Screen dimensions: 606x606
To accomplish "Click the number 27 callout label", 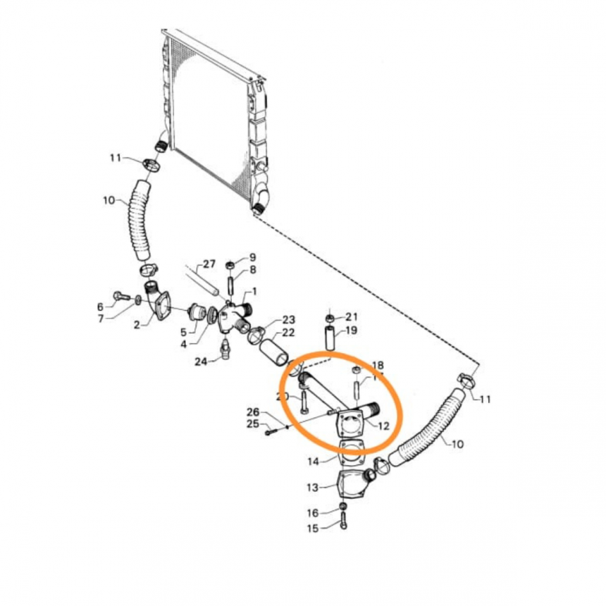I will (209, 264).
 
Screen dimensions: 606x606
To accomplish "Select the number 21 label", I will (352, 316).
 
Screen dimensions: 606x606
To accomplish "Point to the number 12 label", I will (383, 426).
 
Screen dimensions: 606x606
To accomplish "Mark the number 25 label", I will (253, 424).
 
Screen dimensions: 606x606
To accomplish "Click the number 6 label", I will (100, 307).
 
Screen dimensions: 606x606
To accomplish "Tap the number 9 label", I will (252, 256).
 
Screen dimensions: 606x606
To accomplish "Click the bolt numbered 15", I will (343, 522).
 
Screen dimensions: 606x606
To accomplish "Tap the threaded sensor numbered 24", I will (225, 348).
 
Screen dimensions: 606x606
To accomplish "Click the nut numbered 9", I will (229, 264).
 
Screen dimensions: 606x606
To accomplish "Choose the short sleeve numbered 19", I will (330, 333).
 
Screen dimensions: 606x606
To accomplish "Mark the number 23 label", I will (288, 319).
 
